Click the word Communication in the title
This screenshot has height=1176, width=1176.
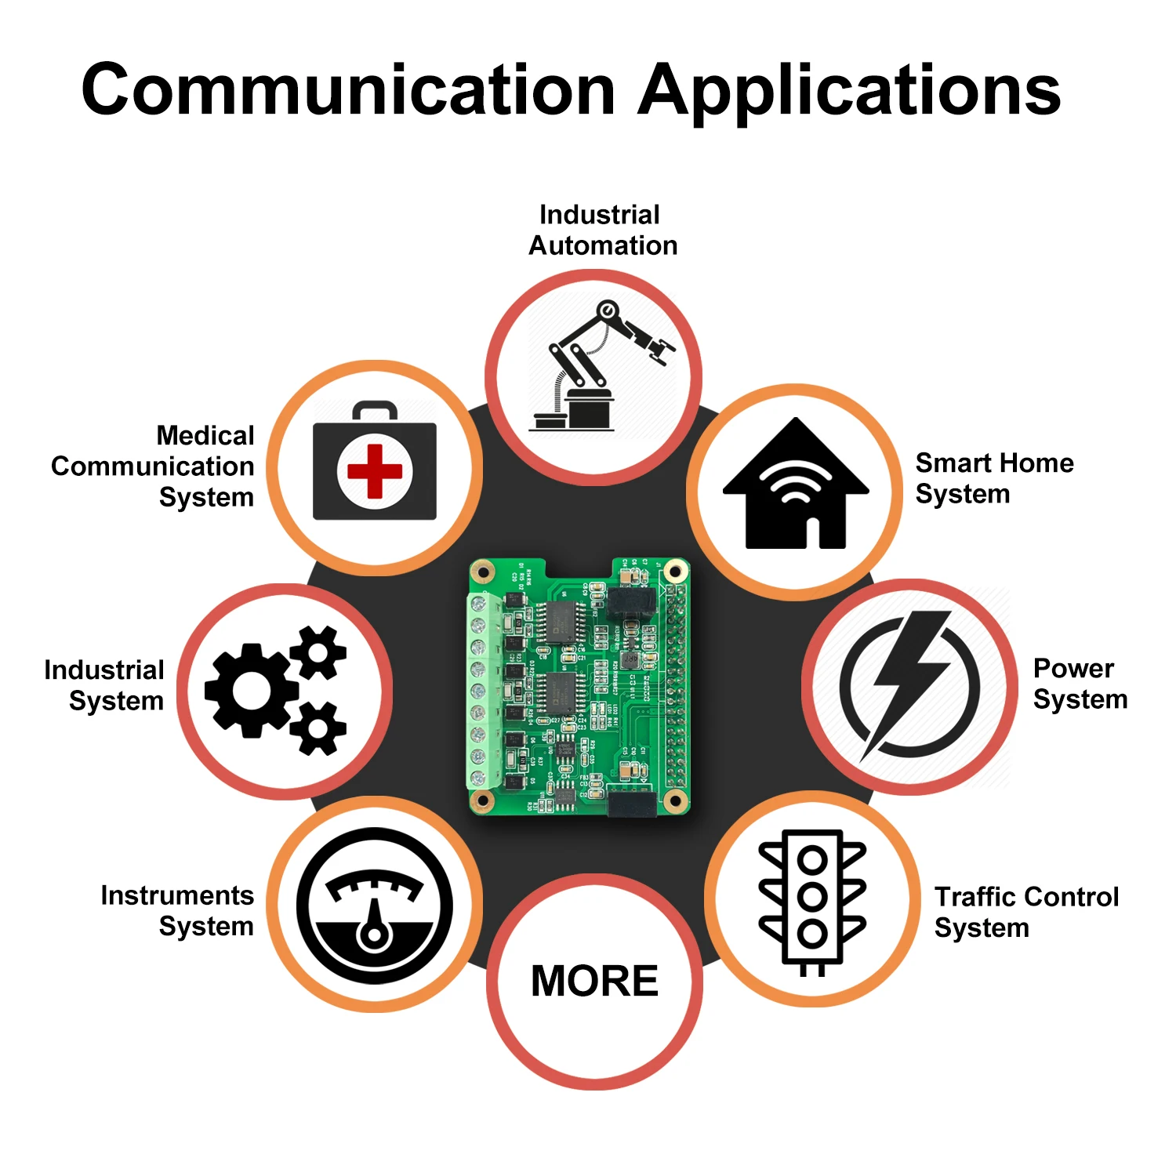click(x=348, y=90)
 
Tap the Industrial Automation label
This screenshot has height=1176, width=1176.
click(x=602, y=230)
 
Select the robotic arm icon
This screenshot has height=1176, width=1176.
click(x=601, y=365)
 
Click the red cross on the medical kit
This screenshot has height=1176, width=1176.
click(x=374, y=471)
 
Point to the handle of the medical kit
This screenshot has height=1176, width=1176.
click(x=374, y=409)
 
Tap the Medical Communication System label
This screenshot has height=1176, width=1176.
click(x=153, y=466)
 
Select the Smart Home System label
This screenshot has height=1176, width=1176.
click(x=993, y=478)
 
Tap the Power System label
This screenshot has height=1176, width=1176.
click(x=1080, y=684)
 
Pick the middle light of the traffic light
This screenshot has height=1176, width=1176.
click(x=811, y=895)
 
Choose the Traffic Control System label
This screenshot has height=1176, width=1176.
click(x=1025, y=912)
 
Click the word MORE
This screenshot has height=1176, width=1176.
click(x=594, y=981)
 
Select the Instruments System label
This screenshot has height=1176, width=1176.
click(x=177, y=911)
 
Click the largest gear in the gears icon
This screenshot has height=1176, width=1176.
click(x=251, y=691)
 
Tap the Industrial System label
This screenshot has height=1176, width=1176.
click(x=104, y=685)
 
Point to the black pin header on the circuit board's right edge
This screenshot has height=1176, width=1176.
click(x=676, y=690)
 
